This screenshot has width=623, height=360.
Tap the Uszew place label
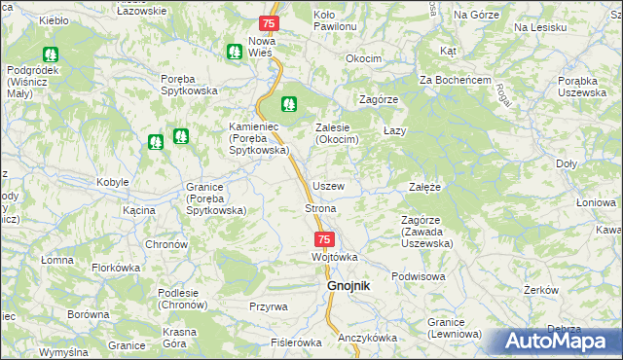pyautogui.click(x=327, y=186)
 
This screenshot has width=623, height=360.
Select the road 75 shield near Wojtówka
pyautogui.click(x=325, y=239)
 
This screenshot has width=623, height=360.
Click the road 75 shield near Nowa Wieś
pyautogui.click(x=271, y=22)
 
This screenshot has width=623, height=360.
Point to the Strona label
pyautogui.click(x=321, y=209)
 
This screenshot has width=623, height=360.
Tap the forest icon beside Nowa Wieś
pyautogui.click(x=234, y=52)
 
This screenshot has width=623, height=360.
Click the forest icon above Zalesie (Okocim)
pyautogui.click(x=289, y=103)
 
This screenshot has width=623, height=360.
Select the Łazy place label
pyautogui.click(x=394, y=130)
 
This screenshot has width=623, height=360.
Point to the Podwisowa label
pyautogui.click(x=418, y=276)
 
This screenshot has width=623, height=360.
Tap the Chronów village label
pyautogui.click(x=166, y=244)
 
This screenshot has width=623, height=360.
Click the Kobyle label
pyautogui.click(x=113, y=183)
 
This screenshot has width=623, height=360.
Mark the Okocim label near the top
pyautogui.click(x=363, y=59)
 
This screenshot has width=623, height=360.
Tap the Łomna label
pyautogui.click(x=57, y=260)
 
